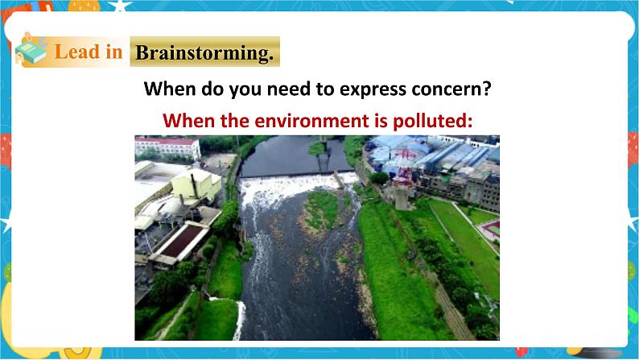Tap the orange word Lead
tap(76, 52)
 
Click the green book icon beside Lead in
tap(32, 51)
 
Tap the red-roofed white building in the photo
tap(167, 147)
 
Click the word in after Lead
tap(113, 52)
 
